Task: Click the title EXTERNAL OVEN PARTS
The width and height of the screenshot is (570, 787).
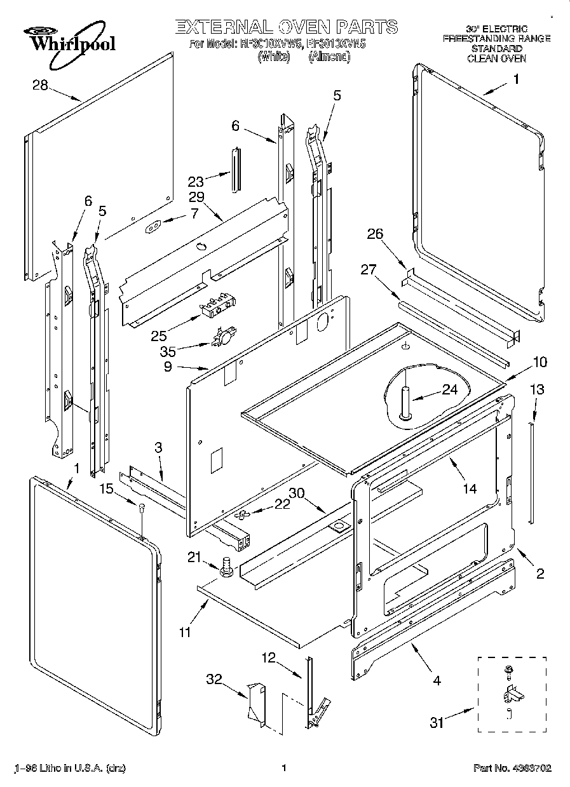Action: tap(286, 27)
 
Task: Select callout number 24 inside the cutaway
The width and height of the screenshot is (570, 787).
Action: tap(450, 390)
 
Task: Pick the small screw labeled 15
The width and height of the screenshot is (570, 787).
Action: tap(142, 506)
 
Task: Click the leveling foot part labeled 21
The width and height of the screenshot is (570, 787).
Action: tap(225, 567)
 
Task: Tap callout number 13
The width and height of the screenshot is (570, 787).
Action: tap(537, 389)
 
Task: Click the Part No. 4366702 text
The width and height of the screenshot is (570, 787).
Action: tap(512, 768)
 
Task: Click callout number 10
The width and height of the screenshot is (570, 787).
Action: tap(539, 362)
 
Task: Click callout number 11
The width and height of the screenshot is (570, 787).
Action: tap(185, 631)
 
